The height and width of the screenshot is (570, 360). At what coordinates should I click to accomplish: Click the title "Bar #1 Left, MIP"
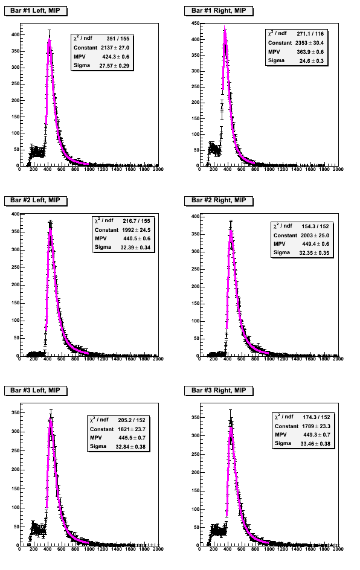[35, 10]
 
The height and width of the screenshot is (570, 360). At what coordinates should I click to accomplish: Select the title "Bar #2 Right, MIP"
[219, 200]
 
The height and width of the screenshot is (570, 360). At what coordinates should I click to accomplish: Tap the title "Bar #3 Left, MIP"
[35, 391]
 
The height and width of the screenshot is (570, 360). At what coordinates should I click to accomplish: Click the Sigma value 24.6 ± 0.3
[312, 61]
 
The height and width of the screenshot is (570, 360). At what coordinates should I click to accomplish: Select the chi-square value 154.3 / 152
[315, 226]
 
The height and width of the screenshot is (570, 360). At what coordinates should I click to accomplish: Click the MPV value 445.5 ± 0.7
[132, 438]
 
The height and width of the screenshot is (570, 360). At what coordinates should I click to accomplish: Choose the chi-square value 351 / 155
[118, 39]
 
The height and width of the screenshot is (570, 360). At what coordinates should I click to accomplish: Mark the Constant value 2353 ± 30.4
[309, 43]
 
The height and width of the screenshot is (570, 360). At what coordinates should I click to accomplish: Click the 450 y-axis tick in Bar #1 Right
[195, 24]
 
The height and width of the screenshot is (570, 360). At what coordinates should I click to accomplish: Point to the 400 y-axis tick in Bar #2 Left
[15, 214]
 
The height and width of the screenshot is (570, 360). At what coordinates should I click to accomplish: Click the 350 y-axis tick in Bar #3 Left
[15, 413]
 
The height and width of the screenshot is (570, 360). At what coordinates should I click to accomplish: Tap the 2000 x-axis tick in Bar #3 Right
[338, 549]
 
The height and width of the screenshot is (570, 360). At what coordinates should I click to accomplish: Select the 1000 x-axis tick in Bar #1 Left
[89, 170]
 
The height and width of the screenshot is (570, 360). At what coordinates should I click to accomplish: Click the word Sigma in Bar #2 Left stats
[103, 247]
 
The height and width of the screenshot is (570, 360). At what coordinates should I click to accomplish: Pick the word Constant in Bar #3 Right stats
[286, 426]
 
